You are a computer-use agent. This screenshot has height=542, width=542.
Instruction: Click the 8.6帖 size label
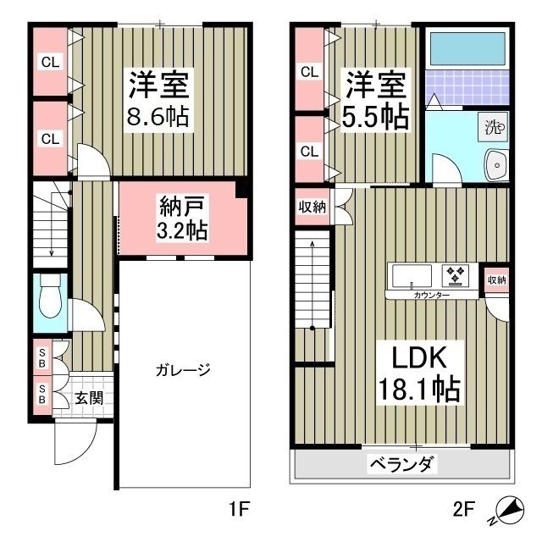pyautogui.click(x=159, y=115)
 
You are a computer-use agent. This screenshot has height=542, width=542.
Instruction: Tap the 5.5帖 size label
pyautogui.click(x=377, y=116)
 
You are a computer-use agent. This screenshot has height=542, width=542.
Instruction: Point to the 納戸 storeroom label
pyautogui.click(x=181, y=206)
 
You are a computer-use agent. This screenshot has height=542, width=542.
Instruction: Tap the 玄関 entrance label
pyautogui.click(x=87, y=395)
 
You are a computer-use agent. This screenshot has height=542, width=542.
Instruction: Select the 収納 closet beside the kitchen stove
pyautogui.click(x=496, y=279)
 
